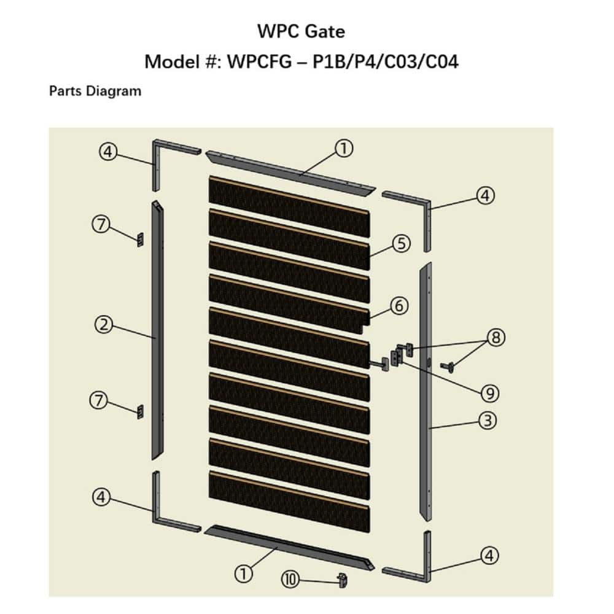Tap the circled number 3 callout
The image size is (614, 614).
coord(488,421)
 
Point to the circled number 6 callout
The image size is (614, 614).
coord(400,305)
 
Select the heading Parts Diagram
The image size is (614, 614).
coord(95,91)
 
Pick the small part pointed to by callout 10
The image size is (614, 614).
coord(343,579)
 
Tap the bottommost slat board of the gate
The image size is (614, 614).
coord(289,500)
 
